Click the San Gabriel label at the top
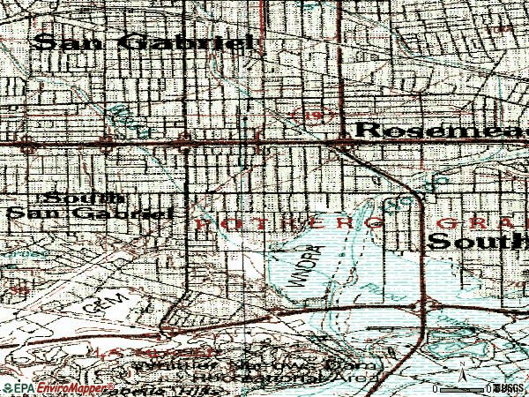coord(143,42)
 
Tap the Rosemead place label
coord(441,131)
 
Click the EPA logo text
coord(19,388)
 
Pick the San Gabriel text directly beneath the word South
coord(88,213)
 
